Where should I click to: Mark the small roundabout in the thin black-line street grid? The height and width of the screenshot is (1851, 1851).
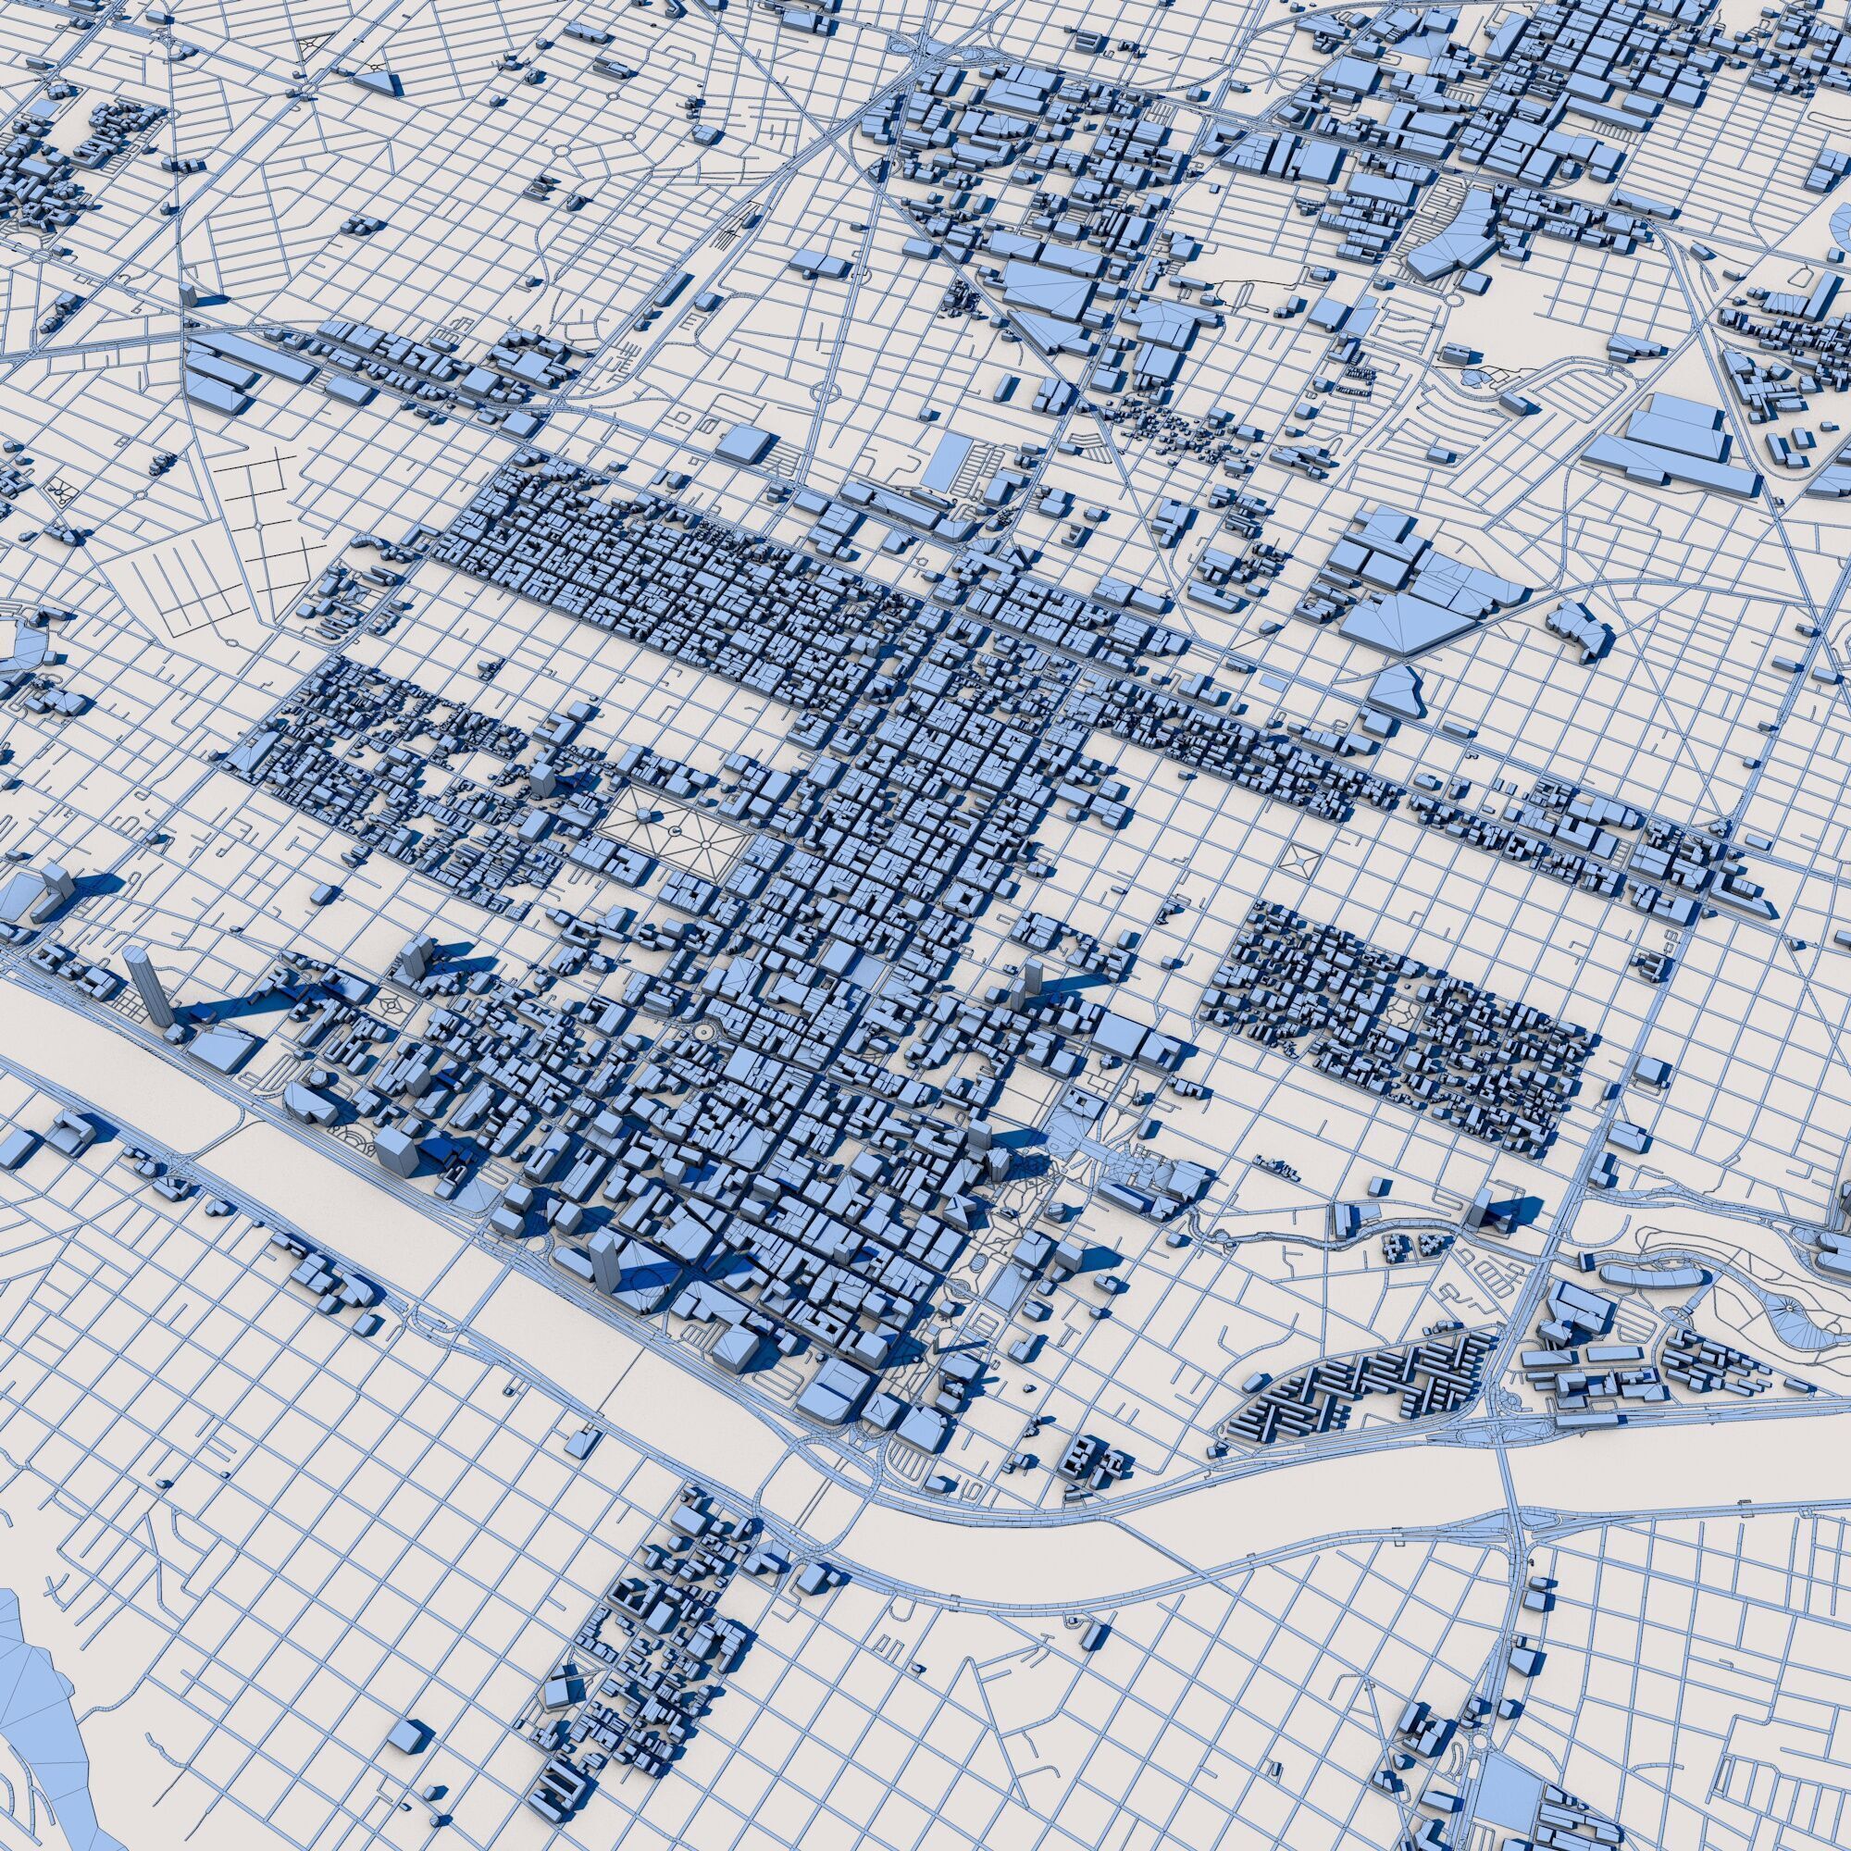coord(260,527)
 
